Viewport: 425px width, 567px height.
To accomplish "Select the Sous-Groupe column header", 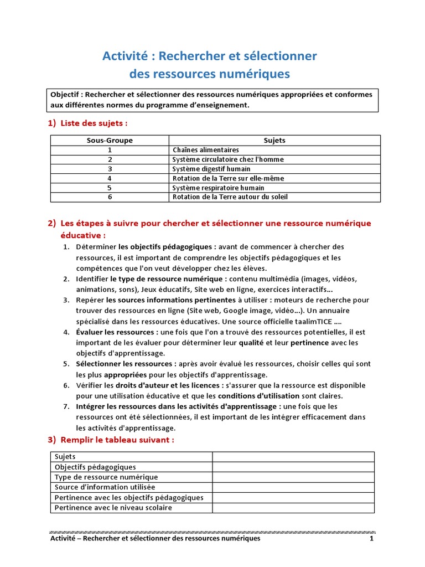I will pyautogui.click(x=110, y=141).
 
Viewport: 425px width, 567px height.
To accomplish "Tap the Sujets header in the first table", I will pyautogui.click(x=274, y=141).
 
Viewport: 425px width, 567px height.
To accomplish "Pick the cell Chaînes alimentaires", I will pyautogui.click(x=206, y=150).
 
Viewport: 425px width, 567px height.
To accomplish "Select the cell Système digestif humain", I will pyautogui.click(x=211, y=169).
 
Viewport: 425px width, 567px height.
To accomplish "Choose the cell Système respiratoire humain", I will pyautogui.click(x=218, y=188).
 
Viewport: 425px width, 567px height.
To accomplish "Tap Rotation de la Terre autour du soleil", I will pyautogui.click(x=230, y=197).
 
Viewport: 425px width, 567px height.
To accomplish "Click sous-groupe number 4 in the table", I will pyautogui.click(x=110, y=178).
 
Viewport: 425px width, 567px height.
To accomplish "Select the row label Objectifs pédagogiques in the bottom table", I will pyautogui.click(x=95, y=467).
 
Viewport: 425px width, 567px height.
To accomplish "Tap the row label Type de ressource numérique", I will pyautogui.click(x=106, y=477).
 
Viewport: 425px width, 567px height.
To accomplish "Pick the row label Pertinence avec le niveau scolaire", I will pyautogui.click(x=113, y=508).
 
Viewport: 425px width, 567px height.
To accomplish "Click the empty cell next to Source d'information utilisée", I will pyautogui.click(x=293, y=487).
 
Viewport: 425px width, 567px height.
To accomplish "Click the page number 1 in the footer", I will pyautogui.click(x=372, y=538).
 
